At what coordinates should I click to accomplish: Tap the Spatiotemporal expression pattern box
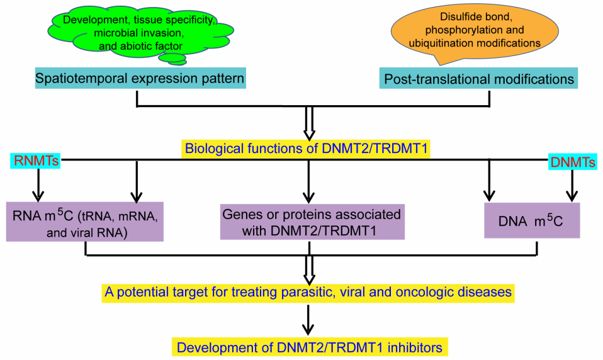pyautogui.click(x=140, y=78)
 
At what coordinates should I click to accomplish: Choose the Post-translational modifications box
pyautogui.click(x=478, y=79)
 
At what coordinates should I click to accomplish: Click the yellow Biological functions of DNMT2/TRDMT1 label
pyautogui.click(x=306, y=148)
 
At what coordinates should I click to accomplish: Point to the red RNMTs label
pyautogui.click(x=36, y=160)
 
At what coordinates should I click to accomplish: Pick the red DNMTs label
pyautogui.click(x=573, y=162)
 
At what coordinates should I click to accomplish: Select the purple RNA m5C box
pyautogui.click(x=84, y=222)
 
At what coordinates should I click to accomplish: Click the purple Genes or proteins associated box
pyautogui.click(x=312, y=222)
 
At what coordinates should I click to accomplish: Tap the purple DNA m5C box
pyautogui.click(x=532, y=221)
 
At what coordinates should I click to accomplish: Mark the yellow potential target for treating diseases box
pyautogui.click(x=308, y=292)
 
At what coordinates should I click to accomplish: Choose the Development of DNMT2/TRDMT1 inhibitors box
pyautogui.click(x=310, y=347)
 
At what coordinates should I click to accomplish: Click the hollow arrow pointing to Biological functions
pyautogui.click(x=309, y=123)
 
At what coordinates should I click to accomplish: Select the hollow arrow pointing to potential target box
pyautogui.click(x=309, y=270)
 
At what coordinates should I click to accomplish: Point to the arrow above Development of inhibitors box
pyautogui.click(x=308, y=320)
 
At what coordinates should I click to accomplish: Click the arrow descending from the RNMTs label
pyautogui.click(x=38, y=185)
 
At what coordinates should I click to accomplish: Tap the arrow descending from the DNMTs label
pyautogui.click(x=572, y=186)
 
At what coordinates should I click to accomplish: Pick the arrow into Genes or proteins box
pyautogui.click(x=308, y=181)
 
